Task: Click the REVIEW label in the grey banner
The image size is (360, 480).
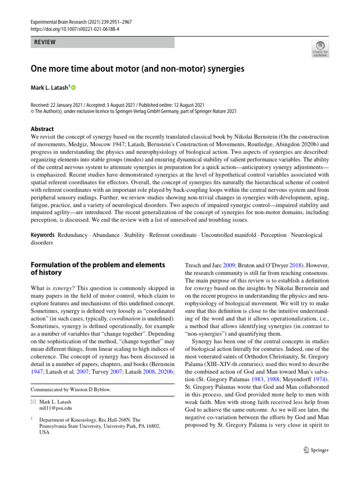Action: [x=45, y=42]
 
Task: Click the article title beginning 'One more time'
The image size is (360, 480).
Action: [x=138, y=69]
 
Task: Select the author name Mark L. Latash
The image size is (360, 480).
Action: [x=49, y=87]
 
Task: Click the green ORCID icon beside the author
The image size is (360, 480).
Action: [x=73, y=88]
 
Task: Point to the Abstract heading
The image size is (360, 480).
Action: [x=42, y=129]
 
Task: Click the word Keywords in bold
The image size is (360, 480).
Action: [x=43, y=234]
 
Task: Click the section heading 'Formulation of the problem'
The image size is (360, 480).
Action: [x=97, y=265]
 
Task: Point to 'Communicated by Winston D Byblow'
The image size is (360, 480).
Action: [x=71, y=390]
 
